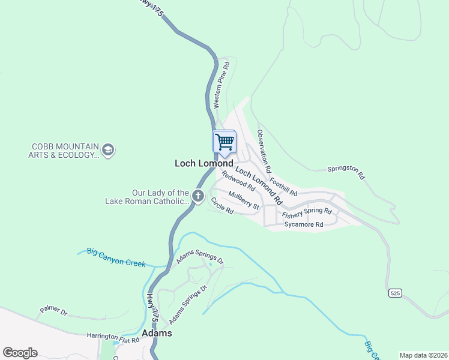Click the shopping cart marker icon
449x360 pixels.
pos(224,142)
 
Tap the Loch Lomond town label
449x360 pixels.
pos(203,163)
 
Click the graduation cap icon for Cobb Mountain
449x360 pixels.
pos(108,149)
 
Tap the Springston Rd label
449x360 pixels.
pos(346,173)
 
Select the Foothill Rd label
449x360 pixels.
pos(283,183)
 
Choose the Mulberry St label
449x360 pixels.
pos(244,201)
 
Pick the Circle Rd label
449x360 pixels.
pos(221,210)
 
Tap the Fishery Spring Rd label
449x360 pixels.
pos(307,212)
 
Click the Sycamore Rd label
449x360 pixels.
pos(304,224)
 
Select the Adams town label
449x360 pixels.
pos(157,333)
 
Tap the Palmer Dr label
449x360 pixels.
pos(53,311)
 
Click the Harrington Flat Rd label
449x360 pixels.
pos(113,338)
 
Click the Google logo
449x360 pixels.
pos(20,353)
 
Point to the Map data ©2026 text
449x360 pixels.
pos(423,355)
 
